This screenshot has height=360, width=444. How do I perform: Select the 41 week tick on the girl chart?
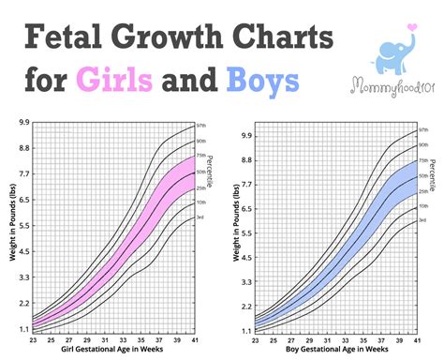click(x=194, y=338)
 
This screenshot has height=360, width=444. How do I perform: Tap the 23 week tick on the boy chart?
click(x=255, y=338)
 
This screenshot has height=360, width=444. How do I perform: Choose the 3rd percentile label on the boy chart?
click(x=422, y=220)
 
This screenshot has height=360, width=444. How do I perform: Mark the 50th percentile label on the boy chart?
click(x=423, y=175)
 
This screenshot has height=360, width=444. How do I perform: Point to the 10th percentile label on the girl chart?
click(x=200, y=202)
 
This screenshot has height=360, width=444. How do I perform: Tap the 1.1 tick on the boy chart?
click(x=245, y=330)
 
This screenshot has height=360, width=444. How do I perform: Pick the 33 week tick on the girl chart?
click(x=121, y=338)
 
